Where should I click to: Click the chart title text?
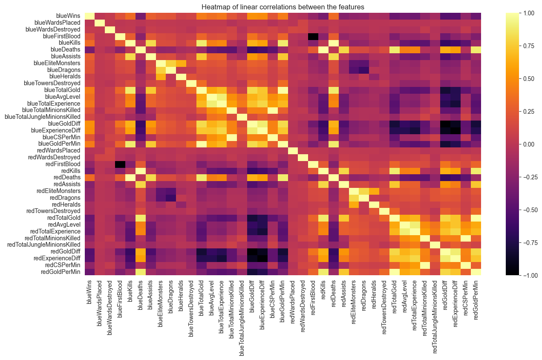tap(271, 7)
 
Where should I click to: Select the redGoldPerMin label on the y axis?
tap(58, 271)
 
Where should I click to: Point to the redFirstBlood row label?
tap(61, 164)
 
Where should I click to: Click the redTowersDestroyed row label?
tap(53, 210)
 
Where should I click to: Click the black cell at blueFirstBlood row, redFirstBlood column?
tap(314, 36)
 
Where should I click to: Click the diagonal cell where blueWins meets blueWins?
tap(89, 16)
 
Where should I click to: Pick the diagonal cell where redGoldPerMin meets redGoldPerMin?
tap(476, 271)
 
